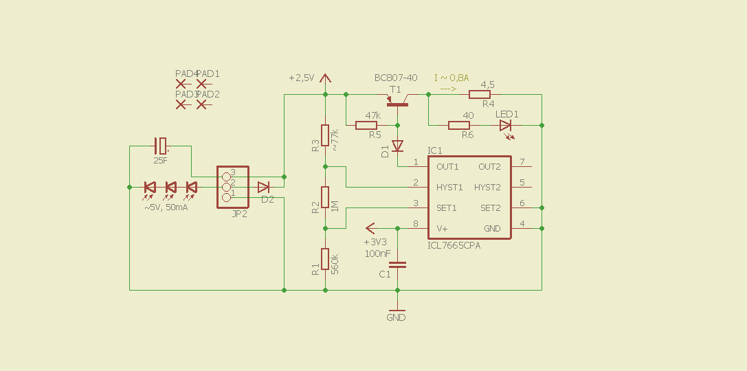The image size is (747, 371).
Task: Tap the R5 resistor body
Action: click(366, 125)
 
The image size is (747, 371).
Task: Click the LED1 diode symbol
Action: click(506, 125)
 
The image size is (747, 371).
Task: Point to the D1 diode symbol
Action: click(398, 146)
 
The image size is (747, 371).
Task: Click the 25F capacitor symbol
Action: click(160, 146)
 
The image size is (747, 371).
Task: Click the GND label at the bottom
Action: click(396, 318)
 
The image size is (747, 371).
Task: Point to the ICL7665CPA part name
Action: click(454, 245)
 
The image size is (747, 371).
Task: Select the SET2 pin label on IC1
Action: click(490, 208)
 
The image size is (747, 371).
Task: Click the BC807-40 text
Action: click(396, 78)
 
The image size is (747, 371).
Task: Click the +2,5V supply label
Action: click(302, 78)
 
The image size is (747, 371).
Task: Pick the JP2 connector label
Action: click(240, 214)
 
